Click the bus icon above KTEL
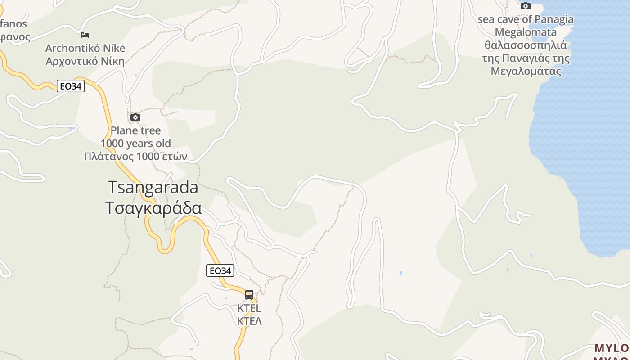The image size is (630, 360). pos(249,295)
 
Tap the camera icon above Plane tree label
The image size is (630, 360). pos(135,117)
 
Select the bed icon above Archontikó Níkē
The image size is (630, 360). pos(85,35)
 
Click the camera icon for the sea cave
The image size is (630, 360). pos(525,6)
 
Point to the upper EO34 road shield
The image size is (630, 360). pos(71,86)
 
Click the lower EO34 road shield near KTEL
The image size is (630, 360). pos(220,270)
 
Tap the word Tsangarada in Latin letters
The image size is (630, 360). pos(153,188)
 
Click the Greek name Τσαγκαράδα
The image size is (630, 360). pos(153,208)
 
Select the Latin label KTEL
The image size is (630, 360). pos(249,309)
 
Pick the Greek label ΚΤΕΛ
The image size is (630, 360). pos(249,321)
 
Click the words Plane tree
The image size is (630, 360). pos(135,130)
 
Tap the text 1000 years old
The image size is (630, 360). pos(135,144)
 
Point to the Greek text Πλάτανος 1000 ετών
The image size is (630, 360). pos(135,156)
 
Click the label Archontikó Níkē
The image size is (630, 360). pos(85,48)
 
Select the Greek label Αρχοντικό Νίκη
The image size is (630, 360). pos(85,61)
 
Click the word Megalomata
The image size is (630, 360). pos(526,32)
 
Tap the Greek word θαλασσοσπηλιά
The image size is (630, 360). pos(526,45)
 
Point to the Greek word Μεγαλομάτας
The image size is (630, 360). pos(526,72)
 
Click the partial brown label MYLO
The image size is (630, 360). pos(612,348)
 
